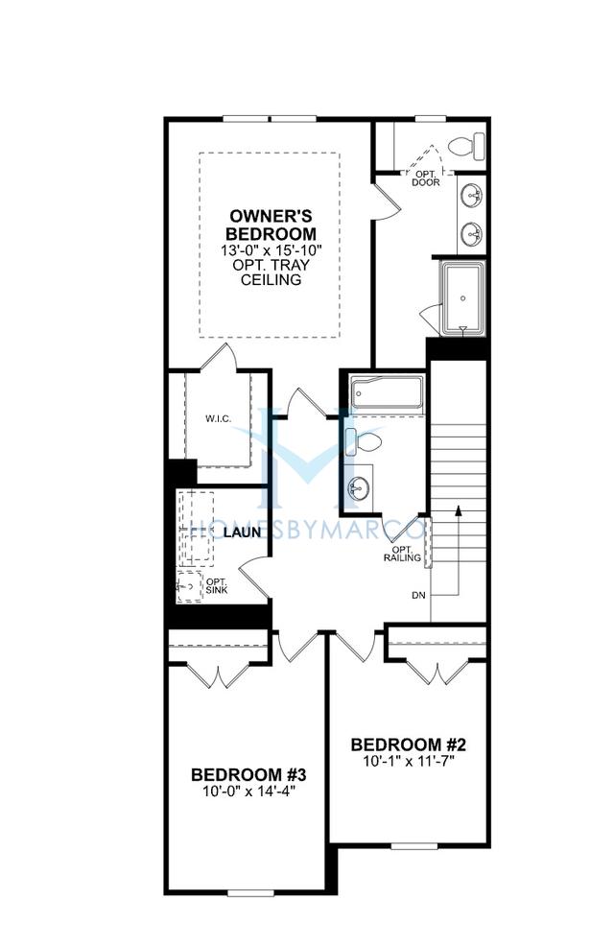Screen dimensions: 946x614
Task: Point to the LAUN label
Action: (x=243, y=532)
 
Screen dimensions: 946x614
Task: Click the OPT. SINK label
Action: (x=217, y=584)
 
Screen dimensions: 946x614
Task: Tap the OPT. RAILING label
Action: (x=402, y=553)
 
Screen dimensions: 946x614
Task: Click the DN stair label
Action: (x=418, y=595)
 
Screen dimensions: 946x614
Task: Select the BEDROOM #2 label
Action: (x=408, y=745)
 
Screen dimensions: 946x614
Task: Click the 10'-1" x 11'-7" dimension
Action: (x=408, y=762)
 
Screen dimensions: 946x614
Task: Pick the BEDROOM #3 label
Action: (x=248, y=774)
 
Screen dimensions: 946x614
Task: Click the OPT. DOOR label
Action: (x=426, y=177)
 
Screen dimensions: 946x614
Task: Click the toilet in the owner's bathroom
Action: (x=467, y=147)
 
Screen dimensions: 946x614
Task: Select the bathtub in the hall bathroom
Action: (x=387, y=392)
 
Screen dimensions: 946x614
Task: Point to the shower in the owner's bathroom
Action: (x=463, y=296)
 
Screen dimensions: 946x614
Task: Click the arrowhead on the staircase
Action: (x=460, y=509)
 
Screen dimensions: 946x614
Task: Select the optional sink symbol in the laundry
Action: (x=188, y=583)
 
